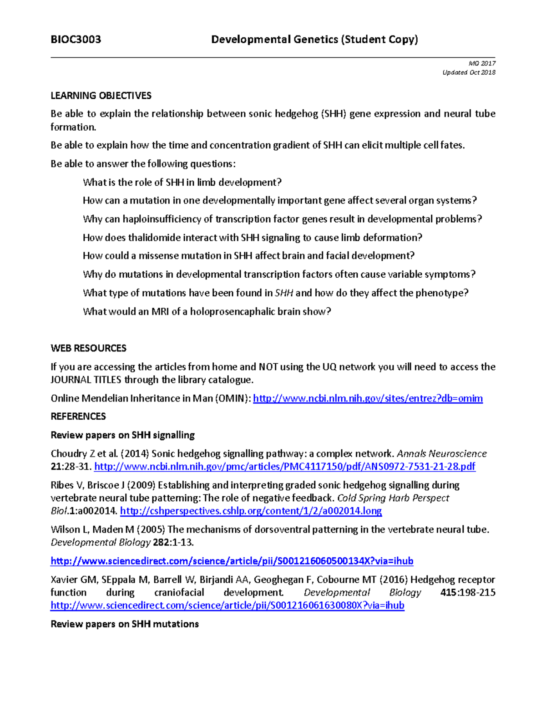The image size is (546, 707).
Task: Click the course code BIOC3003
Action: click(76, 40)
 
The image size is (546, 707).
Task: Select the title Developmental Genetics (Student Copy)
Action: click(314, 40)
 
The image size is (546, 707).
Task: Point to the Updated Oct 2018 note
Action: click(469, 72)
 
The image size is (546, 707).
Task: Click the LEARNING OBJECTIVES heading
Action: click(101, 96)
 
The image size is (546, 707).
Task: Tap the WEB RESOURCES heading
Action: click(88, 348)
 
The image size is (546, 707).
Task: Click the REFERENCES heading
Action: click(78, 417)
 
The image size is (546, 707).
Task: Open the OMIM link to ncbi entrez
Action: click(368, 398)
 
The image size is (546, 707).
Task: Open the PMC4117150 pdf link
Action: click(284, 467)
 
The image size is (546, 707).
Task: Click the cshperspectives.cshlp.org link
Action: click(251, 511)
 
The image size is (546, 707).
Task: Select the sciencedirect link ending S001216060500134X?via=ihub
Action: click(232, 561)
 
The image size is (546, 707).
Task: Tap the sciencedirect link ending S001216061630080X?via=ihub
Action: click(227, 605)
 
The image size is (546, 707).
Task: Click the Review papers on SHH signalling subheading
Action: click(122, 435)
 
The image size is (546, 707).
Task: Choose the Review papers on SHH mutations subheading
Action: click(125, 624)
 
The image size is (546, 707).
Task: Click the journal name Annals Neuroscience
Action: click(442, 454)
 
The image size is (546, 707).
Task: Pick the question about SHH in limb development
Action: click(182, 183)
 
